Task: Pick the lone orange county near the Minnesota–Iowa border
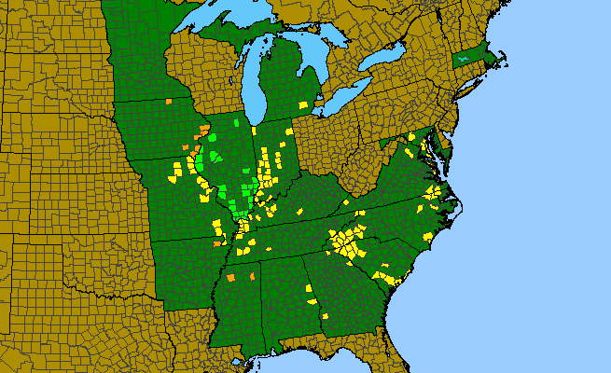[x=169, y=101]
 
